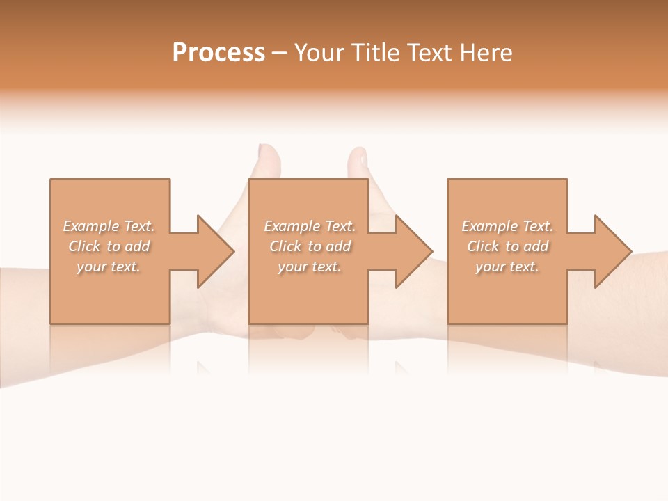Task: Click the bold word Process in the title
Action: tap(218, 53)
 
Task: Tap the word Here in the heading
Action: tap(486, 53)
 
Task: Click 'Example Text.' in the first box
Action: tap(109, 226)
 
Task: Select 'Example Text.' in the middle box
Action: tap(310, 226)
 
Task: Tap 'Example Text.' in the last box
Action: tap(507, 226)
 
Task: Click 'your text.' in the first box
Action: tap(109, 267)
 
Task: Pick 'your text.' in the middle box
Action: tap(310, 267)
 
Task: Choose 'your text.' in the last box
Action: tap(507, 267)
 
